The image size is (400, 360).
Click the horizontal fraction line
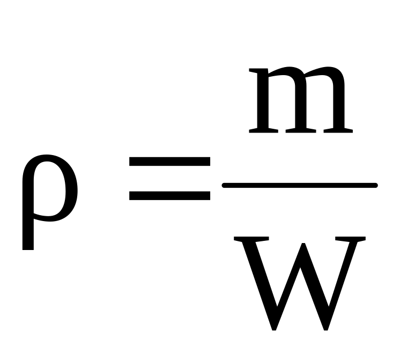[300, 186]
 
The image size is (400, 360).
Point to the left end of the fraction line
[225, 186]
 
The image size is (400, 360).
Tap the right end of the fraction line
[375, 186]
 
